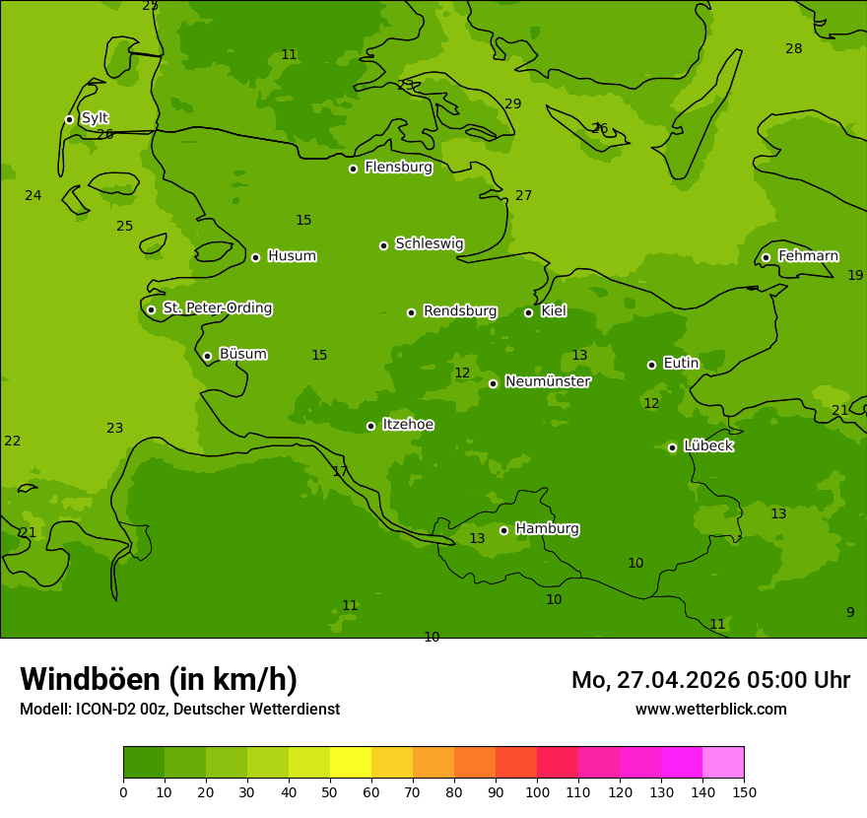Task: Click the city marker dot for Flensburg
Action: click(x=353, y=169)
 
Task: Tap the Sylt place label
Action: click(x=95, y=118)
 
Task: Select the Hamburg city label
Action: click(x=547, y=529)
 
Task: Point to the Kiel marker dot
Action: click(x=528, y=312)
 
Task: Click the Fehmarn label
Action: click(x=808, y=256)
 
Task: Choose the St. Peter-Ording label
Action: click(x=217, y=308)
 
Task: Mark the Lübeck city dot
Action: click(x=672, y=447)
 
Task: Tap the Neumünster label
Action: click(x=547, y=381)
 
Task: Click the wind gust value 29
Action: click(x=512, y=103)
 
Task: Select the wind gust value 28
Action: click(x=793, y=48)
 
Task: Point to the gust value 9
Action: click(x=850, y=612)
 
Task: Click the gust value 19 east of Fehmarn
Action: click(x=855, y=275)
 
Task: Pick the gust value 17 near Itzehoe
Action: click(x=340, y=471)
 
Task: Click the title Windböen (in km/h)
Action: click(x=159, y=679)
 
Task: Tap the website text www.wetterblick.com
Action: click(x=710, y=709)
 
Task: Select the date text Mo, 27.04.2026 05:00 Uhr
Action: click(x=710, y=680)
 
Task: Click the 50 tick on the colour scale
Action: click(x=330, y=791)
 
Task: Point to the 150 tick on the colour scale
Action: click(x=744, y=791)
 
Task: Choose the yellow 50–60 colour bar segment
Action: click(x=351, y=763)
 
